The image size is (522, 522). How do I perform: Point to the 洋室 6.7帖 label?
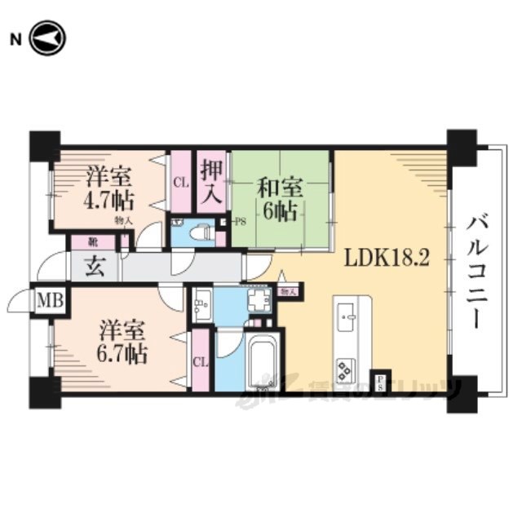pos(122,343)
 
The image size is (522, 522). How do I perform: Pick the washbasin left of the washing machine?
pos(202,305)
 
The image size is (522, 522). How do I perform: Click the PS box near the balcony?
pos(380,382)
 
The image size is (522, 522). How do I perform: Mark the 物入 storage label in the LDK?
pos(287,290)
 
